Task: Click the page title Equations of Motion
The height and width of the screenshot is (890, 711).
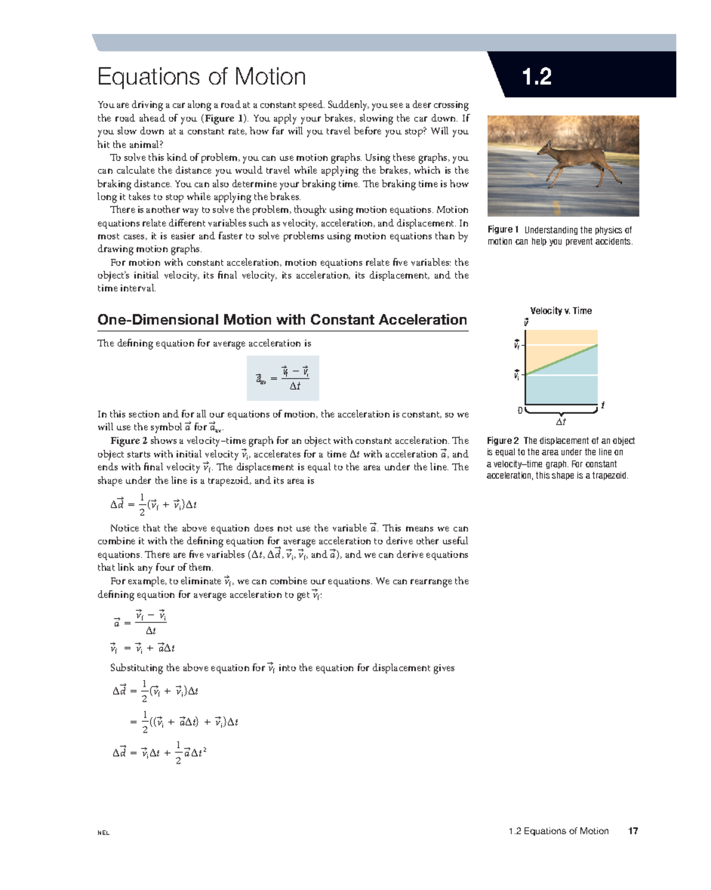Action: point(201,77)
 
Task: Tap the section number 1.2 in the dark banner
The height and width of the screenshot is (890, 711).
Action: point(537,77)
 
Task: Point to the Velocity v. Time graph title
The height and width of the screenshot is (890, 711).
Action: point(561,310)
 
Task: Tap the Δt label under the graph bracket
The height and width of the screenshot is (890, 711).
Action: point(561,422)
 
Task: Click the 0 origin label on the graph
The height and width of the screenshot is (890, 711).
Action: point(520,410)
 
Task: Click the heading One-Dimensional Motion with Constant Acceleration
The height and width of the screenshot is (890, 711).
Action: point(282,320)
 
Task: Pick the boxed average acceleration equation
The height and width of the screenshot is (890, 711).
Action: point(283,378)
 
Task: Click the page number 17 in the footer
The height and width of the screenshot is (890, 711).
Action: point(633,831)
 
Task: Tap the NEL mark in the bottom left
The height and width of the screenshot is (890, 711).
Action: point(104,833)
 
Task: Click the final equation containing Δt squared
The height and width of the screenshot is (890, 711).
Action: point(159,753)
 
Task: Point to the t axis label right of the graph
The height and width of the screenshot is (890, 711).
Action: point(603,405)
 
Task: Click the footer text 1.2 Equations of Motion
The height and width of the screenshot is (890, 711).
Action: point(558,831)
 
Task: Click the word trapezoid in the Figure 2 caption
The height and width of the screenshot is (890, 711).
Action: point(608,475)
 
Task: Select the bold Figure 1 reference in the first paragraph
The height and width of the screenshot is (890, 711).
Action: point(223,118)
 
